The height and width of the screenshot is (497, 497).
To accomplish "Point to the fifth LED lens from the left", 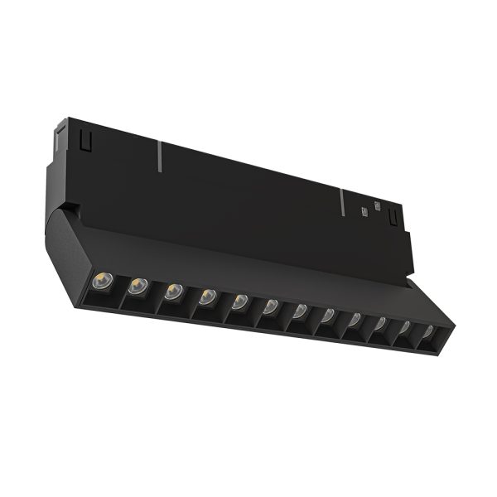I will (x=240, y=301).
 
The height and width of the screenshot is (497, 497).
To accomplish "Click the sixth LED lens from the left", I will (x=271, y=306).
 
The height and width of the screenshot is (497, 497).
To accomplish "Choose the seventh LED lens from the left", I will (x=301, y=311).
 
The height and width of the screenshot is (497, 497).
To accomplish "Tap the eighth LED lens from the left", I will (x=329, y=315).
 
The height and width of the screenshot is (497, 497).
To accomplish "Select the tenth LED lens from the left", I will (x=382, y=323).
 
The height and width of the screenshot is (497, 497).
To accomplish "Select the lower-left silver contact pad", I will (x=364, y=212).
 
